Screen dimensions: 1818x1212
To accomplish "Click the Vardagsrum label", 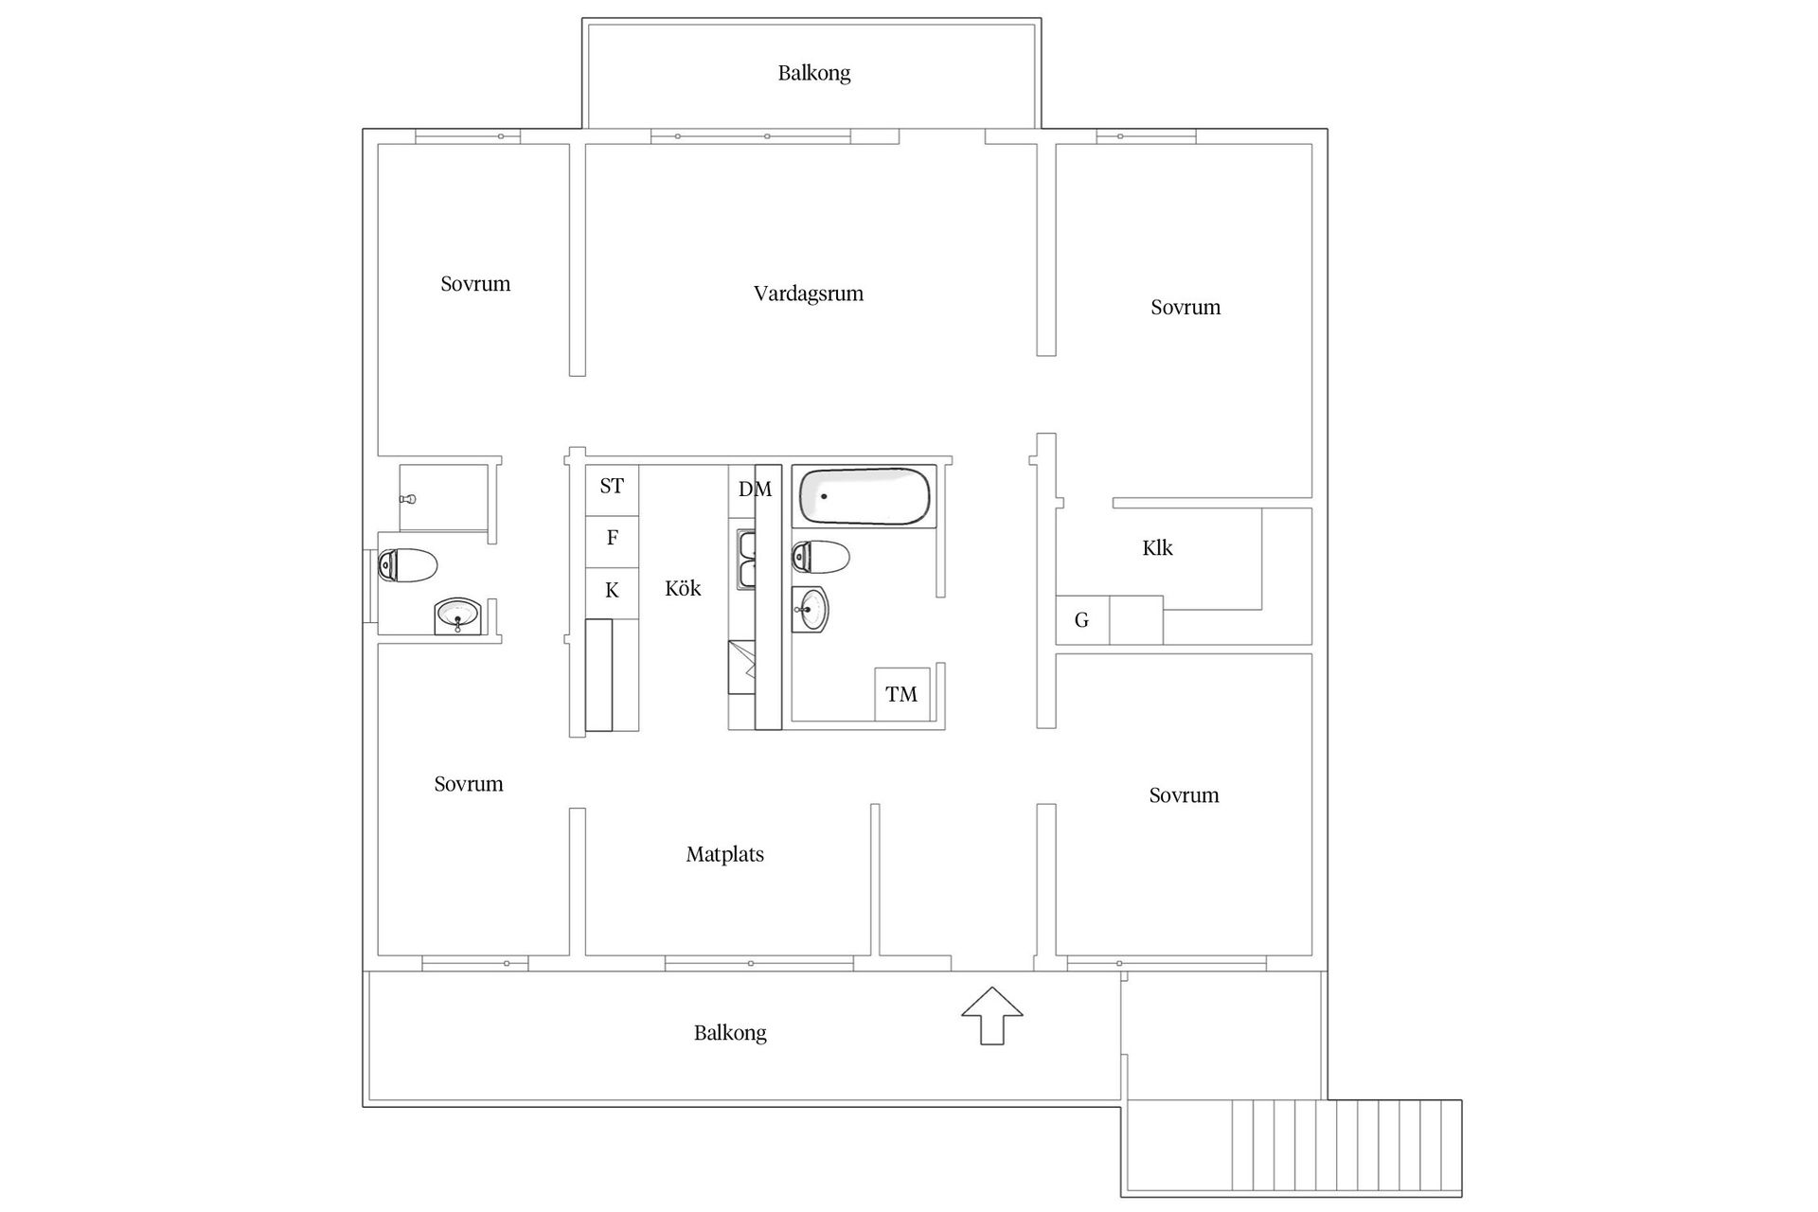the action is pyautogui.click(x=809, y=294).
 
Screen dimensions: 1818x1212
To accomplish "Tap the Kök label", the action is pyautogui.click(x=683, y=589).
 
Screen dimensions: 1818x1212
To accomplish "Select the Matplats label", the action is pyautogui.click(x=725, y=855).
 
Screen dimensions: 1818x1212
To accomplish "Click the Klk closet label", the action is pyautogui.click(x=1158, y=548).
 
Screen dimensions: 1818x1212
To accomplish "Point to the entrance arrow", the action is pyautogui.click(x=992, y=1016).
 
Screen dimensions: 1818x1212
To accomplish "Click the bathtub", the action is pyautogui.click(x=864, y=496).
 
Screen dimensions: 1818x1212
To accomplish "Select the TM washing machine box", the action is pyautogui.click(x=902, y=694).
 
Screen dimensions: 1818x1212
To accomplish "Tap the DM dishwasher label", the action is pyautogui.click(x=755, y=490).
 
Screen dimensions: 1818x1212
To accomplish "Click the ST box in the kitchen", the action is pyautogui.click(x=612, y=490).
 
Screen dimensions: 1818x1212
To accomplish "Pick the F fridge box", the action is pyautogui.click(x=612, y=542).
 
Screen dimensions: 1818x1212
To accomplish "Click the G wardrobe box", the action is pyautogui.click(x=1082, y=620).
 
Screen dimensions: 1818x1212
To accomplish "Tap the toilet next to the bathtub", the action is pyautogui.click(x=820, y=558).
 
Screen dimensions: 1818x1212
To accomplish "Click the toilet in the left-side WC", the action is pyautogui.click(x=407, y=566).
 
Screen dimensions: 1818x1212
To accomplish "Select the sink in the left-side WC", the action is pyautogui.click(x=458, y=616).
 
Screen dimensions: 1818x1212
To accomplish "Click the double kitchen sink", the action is pyautogui.click(x=746, y=560).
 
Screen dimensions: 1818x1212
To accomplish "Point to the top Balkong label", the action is pyautogui.click(x=814, y=74).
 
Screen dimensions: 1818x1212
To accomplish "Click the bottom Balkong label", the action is pyautogui.click(x=730, y=1033).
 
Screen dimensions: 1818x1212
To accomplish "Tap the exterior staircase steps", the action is pyautogui.click(x=1346, y=1145).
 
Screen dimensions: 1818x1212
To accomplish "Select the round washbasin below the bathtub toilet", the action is pyautogui.click(x=810, y=609).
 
